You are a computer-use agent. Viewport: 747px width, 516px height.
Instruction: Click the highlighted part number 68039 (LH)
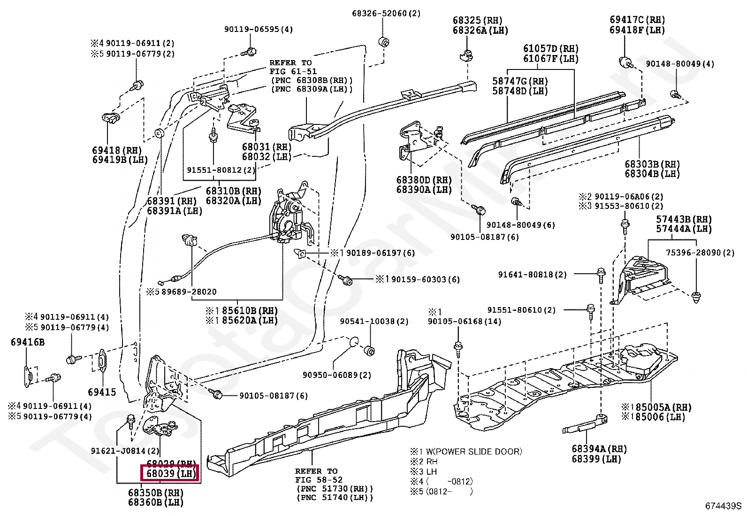[x=170, y=473]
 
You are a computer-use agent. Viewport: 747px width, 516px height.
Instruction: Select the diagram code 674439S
[x=723, y=506]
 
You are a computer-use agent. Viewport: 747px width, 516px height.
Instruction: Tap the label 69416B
[x=27, y=342]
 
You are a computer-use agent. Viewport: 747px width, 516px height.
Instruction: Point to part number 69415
[x=102, y=392]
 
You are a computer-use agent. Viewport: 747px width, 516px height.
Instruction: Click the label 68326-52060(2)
[x=386, y=14]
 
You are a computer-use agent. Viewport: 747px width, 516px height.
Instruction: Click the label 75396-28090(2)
[x=700, y=253]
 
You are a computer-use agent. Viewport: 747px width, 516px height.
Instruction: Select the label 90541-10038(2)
[x=374, y=322]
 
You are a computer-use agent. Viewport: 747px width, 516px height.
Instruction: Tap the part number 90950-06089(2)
[x=336, y=375]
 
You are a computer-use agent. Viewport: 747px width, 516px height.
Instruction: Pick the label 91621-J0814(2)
[x=125, y=451]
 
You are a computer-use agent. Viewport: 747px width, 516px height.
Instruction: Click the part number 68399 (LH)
[x=596, y=459]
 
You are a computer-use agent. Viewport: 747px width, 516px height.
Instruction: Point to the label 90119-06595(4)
[x=258, y=29]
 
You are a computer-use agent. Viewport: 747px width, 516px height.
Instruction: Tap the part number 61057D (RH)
[x=551, y=48]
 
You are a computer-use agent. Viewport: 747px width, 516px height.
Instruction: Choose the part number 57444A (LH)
[x=684, y=229]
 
